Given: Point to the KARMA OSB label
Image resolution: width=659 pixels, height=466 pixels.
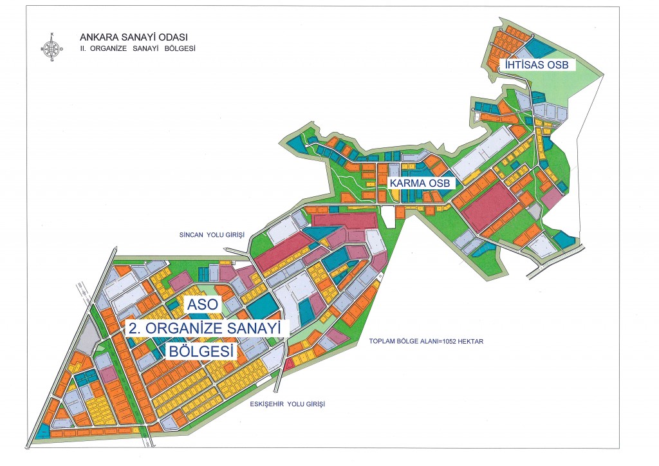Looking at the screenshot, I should click(423, 183).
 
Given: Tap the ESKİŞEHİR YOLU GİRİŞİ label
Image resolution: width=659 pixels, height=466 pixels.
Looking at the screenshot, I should click(288, 404).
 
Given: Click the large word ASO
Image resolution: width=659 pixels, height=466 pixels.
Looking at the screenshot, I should click(202, 306).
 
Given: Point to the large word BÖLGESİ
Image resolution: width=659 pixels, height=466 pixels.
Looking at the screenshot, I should click(201, 351).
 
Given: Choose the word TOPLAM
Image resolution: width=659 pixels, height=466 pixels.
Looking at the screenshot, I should click(382, 342).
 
